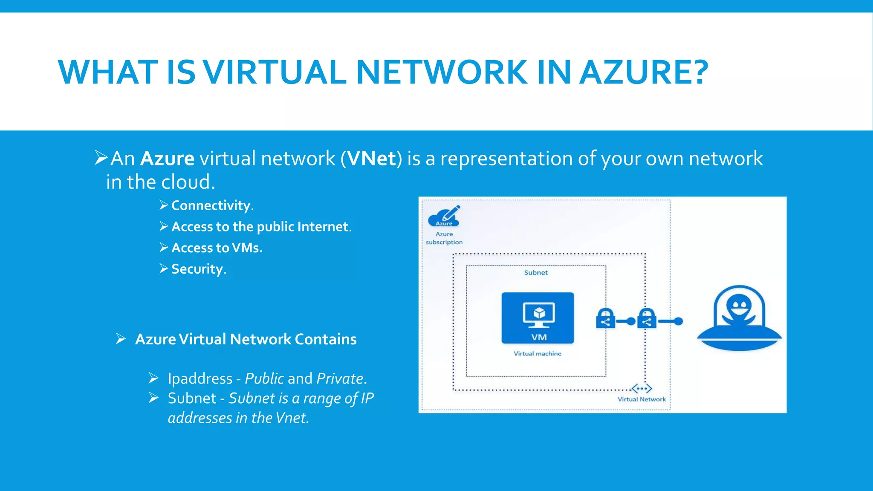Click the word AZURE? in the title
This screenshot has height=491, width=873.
[645, 72]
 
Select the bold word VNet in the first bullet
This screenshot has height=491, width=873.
[372, 159]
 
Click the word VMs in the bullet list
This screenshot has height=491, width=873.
[246, 248]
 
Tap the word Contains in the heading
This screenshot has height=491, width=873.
[326, 339]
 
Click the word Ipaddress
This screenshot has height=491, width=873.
[200, 378]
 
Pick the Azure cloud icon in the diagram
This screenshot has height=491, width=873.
[444, 217]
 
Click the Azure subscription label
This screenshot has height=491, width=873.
[444, 238]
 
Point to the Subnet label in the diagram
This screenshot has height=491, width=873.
[536, 273]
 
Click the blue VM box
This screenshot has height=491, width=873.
[538, 318]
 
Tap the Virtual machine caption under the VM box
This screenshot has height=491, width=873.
[538, 354]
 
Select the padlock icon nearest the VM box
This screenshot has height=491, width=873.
[605, 319]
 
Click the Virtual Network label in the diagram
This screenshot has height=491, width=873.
[642, 399]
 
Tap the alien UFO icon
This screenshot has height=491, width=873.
[739, 319]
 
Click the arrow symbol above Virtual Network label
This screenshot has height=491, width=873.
[642, 388]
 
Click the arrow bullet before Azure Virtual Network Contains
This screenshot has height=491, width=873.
[121, 339]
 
